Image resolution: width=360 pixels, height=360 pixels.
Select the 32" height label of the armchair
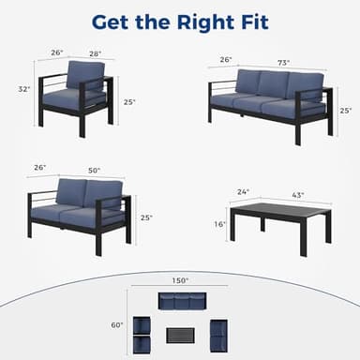(24, 89)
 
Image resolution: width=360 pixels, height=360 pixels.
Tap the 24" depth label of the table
(243, 192)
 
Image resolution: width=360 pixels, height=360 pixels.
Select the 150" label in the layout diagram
(180, 278)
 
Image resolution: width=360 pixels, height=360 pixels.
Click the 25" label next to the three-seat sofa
(345, 110)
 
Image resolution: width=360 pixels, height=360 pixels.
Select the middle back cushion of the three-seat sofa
(272, 85)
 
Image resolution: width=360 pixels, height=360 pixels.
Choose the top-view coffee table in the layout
(180, 334)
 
